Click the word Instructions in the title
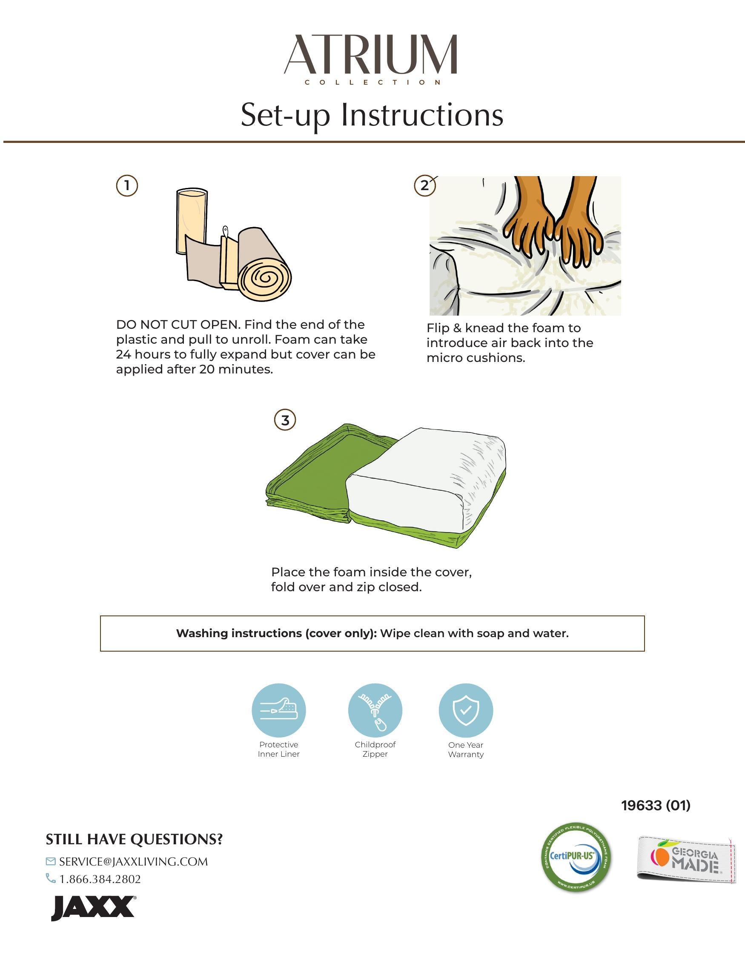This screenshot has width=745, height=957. pos(422,114)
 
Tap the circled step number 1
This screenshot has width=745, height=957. pos(127,186)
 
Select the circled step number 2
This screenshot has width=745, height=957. pos(424,186)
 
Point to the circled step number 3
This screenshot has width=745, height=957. pos(285,420)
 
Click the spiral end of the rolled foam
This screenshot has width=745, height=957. pos(264,277)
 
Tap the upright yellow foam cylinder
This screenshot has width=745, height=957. pos(192,221)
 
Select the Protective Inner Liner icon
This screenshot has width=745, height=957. pos(278,710)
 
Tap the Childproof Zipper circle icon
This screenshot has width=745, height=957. pos(375,710)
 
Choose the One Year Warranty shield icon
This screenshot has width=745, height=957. pos(466,710)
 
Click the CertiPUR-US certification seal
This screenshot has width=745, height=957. pos(576,857)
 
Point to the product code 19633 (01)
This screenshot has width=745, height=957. pos(656,805)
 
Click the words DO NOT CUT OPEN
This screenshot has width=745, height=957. pos(178,325)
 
